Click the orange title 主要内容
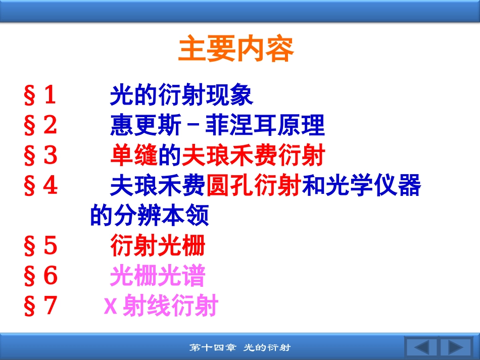point(236,48)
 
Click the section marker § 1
point(40,95)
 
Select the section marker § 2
point(40,125)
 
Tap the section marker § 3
point(40,155)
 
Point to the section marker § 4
point(40,185)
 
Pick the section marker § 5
point(40,245)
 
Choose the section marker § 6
point(40,275)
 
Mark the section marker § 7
point(40,305)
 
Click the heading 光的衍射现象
point(181,95)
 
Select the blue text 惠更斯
point(146,125)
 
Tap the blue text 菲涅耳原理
point(265,125)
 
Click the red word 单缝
point(134,155)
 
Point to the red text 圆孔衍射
point(254,185)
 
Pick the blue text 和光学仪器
point(362,185)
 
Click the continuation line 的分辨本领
point(150,215)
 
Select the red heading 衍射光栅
point(158,245)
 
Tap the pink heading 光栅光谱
point(158,275)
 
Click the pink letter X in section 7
point(111,305)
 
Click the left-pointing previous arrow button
point(421,347)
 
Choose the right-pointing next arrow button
point(456,347)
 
